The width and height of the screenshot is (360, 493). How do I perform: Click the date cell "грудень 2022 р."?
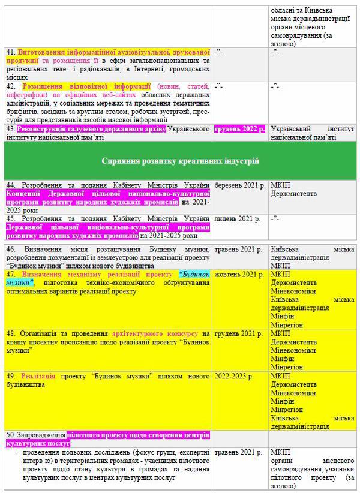pos(239,128)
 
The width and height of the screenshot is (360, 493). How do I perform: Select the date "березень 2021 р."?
pos(239,185)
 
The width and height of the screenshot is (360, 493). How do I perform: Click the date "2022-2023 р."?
pos(234,376)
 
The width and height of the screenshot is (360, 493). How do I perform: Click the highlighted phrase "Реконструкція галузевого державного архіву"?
pos(92,128)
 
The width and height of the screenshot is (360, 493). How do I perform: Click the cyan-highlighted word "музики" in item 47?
pos(20,282)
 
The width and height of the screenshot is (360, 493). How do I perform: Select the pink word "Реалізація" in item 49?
pos(38,376)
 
